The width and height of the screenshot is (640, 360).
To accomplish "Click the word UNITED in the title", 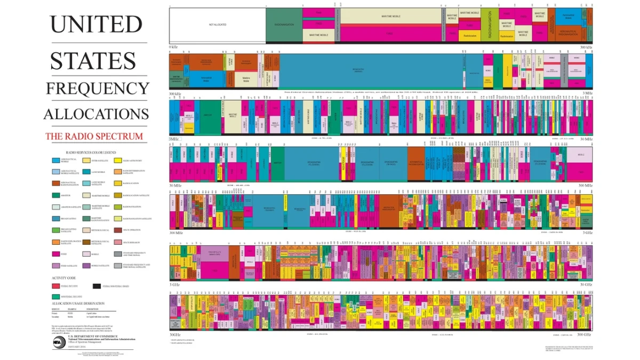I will [96, 25].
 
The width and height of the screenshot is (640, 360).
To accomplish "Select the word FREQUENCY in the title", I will [97, 88].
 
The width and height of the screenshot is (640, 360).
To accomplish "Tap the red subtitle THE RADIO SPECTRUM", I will [94, 136].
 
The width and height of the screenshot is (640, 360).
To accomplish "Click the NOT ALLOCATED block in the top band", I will [218, 25].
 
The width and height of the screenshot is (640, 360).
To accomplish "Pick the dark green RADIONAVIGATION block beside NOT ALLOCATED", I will [284, 25].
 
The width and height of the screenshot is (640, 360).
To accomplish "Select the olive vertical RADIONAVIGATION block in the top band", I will [490, 25].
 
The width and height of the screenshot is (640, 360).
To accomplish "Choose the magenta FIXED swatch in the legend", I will [56, 253].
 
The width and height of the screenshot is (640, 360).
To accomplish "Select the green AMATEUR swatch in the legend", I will [56, 195].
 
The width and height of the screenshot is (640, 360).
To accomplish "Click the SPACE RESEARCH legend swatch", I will [117, 242].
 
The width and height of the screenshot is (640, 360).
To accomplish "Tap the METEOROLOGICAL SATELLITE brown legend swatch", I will [86, 242].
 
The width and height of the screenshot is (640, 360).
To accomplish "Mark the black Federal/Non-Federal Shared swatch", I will [97, 286].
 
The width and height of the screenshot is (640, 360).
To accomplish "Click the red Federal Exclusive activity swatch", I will [56, 286].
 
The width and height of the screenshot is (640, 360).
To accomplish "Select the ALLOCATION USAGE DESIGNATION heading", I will [83, 303].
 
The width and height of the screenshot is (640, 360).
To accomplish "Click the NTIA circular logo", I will [59, 341].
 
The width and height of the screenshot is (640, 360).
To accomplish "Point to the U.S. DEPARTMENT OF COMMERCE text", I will [92, 337].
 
